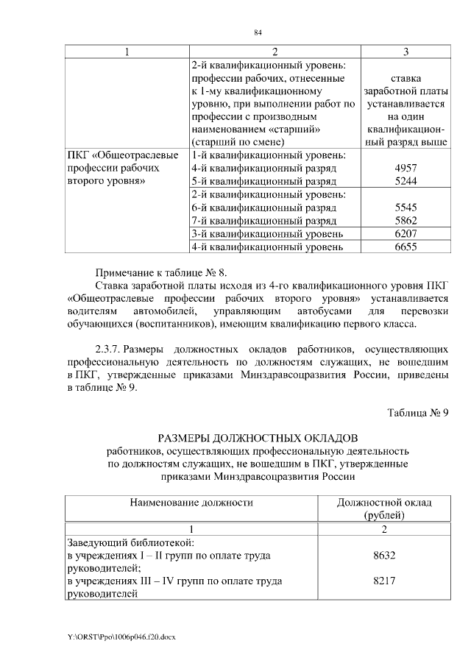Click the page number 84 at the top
[258, 32]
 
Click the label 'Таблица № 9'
[418, 411]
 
